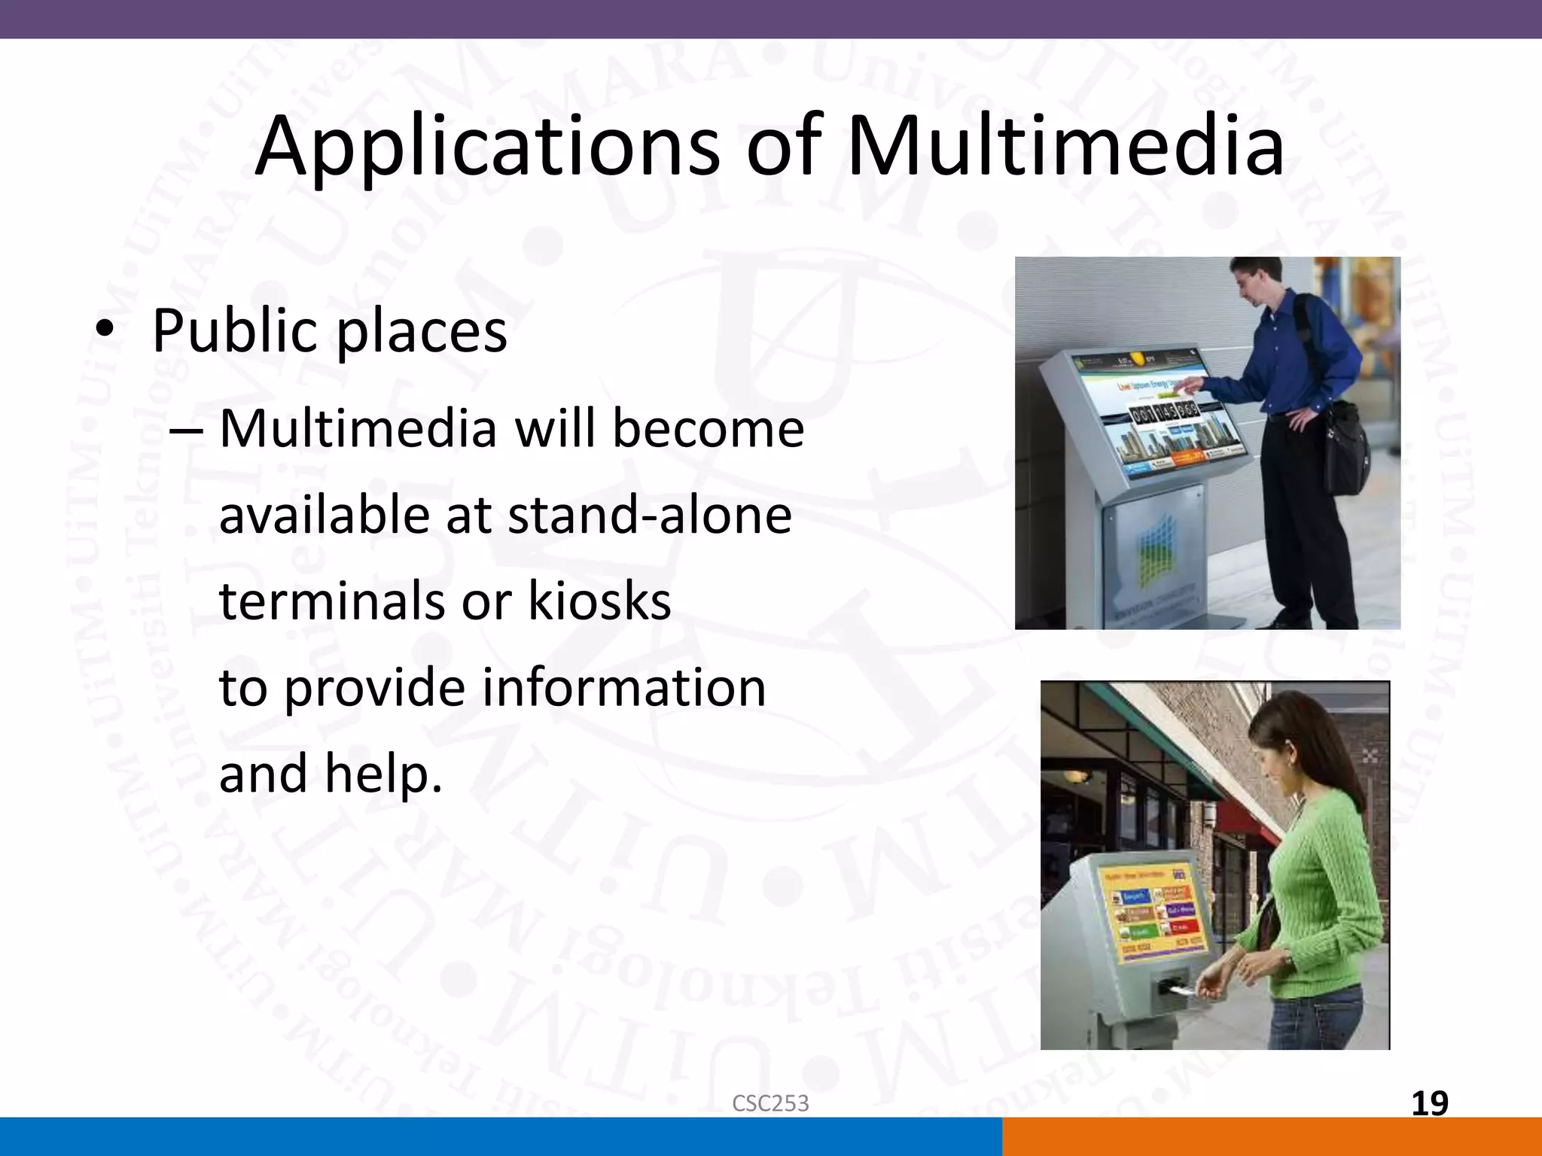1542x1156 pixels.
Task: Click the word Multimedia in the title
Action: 1065,147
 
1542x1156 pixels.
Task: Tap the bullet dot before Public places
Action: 105,330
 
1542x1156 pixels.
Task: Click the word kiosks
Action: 599,601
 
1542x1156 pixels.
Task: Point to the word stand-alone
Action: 649,516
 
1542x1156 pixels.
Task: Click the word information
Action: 623,688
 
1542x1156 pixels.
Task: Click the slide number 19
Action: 1429,1103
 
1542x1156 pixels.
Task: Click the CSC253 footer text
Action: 770,1103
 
